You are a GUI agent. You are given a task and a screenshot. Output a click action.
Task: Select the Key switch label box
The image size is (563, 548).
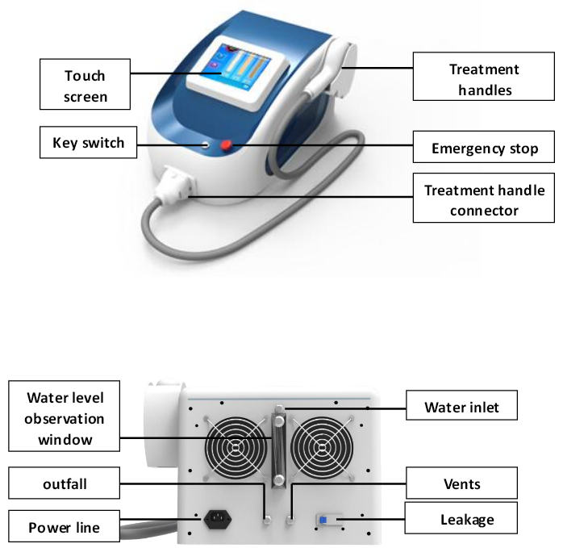[89, 143]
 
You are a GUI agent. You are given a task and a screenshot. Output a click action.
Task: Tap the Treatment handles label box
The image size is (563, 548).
[484, 79]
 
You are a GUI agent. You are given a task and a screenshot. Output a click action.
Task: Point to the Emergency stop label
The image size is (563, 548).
[484, 149]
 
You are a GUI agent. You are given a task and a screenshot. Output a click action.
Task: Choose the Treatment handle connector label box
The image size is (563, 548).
[484, 201]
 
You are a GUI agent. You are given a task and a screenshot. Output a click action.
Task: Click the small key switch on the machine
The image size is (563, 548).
[206, 145]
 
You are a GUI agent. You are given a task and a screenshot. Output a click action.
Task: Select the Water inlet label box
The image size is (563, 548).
[461, 407]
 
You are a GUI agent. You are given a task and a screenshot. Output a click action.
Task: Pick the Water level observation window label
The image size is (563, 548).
[65, 418]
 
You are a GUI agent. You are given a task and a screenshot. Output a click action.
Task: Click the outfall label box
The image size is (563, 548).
[65, 484]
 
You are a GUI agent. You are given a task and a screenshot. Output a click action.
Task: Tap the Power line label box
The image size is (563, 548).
[65, 527]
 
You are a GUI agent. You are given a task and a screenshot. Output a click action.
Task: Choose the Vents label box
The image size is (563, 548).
[461, 483]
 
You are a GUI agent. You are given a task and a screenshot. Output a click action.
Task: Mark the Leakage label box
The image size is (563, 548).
[461, 520]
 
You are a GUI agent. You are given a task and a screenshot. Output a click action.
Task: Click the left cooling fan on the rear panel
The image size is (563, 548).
[236, 448]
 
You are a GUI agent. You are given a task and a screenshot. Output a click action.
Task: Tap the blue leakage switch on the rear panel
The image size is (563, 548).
[324, 520]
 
